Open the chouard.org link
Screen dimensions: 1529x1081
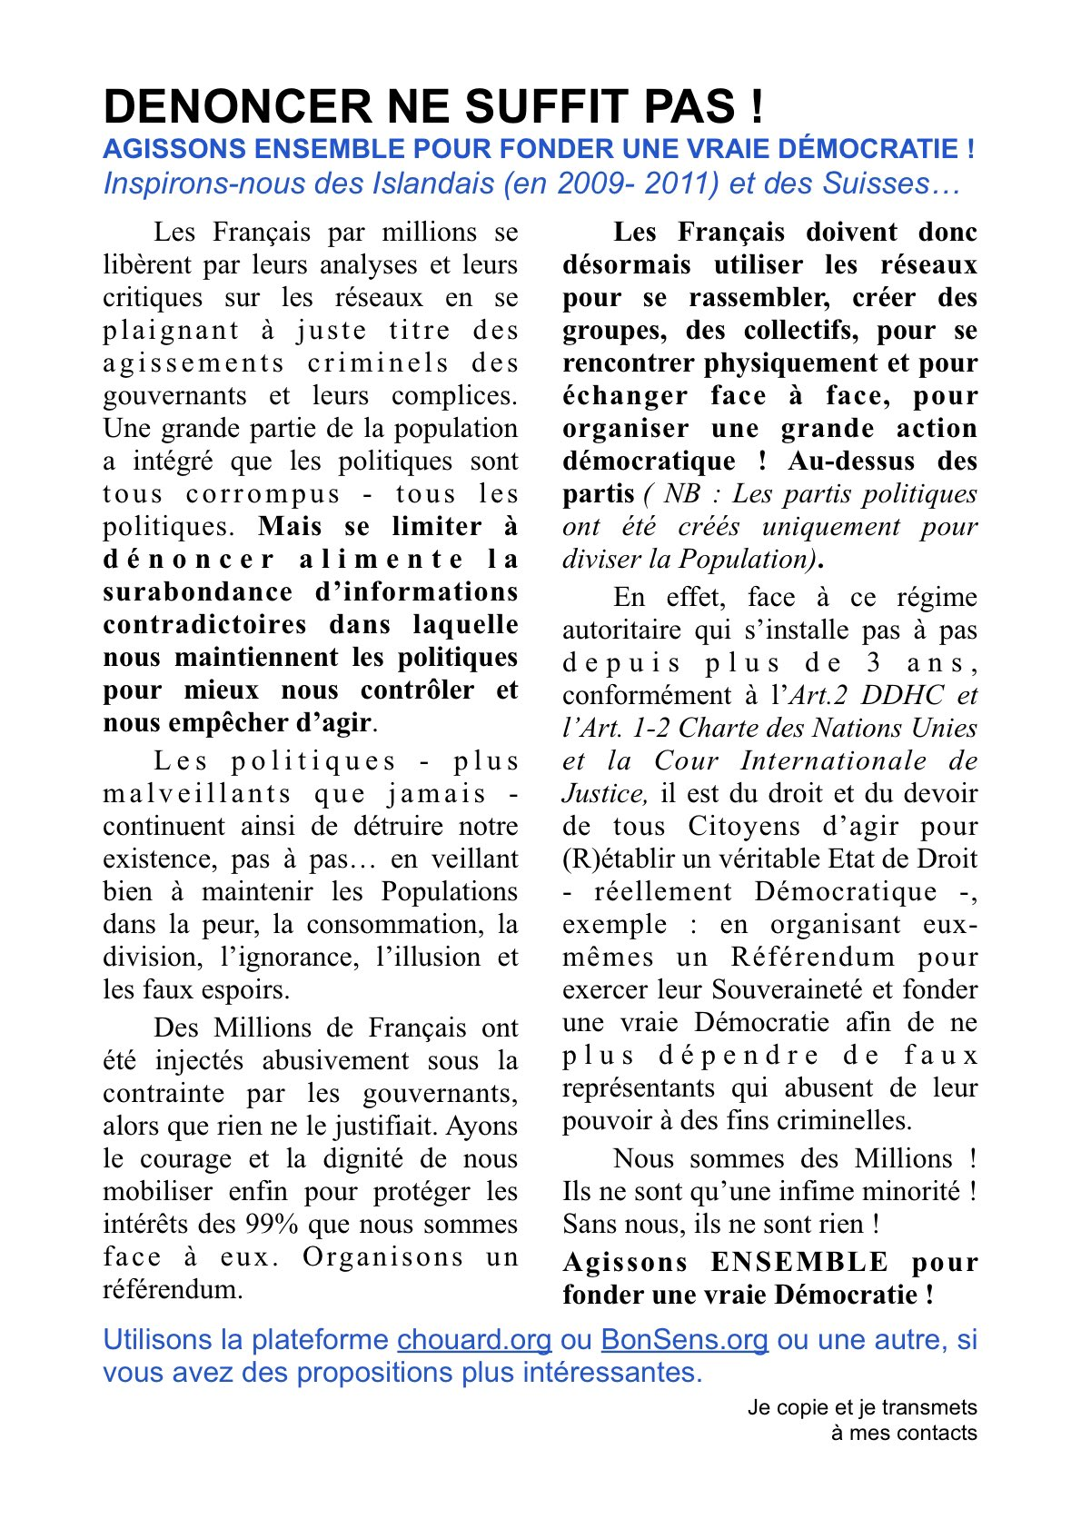474,1340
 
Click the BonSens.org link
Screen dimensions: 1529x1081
684,1340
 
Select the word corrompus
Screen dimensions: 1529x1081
263,494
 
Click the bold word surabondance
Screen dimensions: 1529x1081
197,592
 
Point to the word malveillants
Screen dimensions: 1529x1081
196,794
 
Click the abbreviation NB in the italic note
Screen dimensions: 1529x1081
682,494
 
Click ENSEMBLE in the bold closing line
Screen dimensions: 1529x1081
799,1263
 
